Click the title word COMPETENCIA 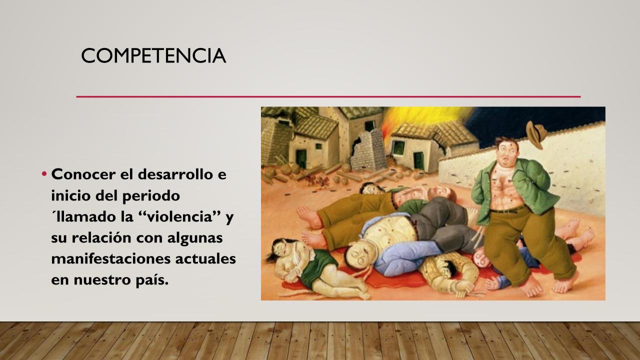153,55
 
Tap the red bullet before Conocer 44,173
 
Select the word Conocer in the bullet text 83,174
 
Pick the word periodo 151,195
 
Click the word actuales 205,258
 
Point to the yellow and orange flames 423,118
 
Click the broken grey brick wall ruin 368,150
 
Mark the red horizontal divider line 328,97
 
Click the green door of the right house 418,160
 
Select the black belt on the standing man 507,210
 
